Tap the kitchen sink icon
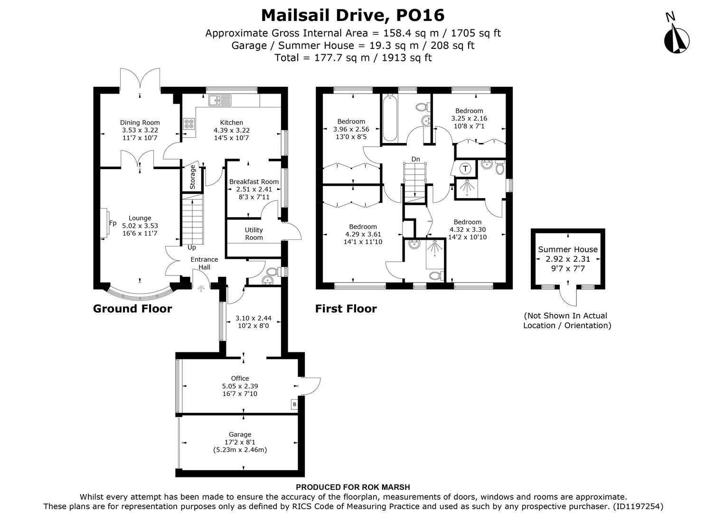[219, 100]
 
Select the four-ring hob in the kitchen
[189, 123]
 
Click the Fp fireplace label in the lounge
[113, 223]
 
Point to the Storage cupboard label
[192, 177]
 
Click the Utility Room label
[254, 234]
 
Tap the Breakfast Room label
[254, 181]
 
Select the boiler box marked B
[294, 404]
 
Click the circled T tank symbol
[466, 169]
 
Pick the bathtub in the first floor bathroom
[390, 118]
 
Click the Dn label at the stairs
[415, 159]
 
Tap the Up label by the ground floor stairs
[192, 247]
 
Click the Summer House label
[567, 249]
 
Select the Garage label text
[240, 434]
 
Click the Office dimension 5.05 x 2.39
[240, 386]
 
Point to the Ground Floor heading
[132, 309]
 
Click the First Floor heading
[346, 309]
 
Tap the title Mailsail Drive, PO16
[353, 15]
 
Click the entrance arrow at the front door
[201, 288]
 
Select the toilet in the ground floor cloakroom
[272, 273]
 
